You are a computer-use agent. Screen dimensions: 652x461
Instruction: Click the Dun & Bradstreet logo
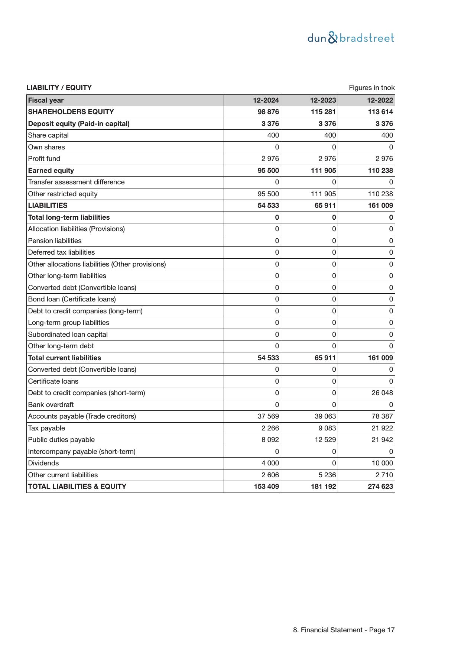(x=351, y=38)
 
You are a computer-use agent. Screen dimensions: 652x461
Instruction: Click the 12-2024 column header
(x=266, y=100)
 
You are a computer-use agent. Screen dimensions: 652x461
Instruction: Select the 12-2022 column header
(x=380, y=100)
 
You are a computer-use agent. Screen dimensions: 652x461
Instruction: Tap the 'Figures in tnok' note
(x=371, y=88)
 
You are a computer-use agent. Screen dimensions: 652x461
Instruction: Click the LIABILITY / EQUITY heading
(x=59, y=88)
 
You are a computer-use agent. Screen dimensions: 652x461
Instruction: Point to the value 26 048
(x=382, y=393)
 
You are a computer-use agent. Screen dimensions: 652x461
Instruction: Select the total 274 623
(x=380, y=487)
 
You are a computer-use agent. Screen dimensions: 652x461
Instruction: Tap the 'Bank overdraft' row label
(x=51, y=405)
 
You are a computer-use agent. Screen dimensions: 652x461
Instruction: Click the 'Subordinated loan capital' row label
(x=68, y=335)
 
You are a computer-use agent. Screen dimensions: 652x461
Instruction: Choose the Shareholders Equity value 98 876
(x=268, y=112)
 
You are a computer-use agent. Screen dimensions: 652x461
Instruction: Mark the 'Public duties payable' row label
(x=61, y=440)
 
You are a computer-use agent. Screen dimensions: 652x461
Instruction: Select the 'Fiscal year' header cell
(x=46, y=100)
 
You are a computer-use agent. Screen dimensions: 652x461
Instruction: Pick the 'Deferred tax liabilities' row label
(x=61, y=252)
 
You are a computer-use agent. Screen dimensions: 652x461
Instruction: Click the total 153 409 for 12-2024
(x=266, y=487)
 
